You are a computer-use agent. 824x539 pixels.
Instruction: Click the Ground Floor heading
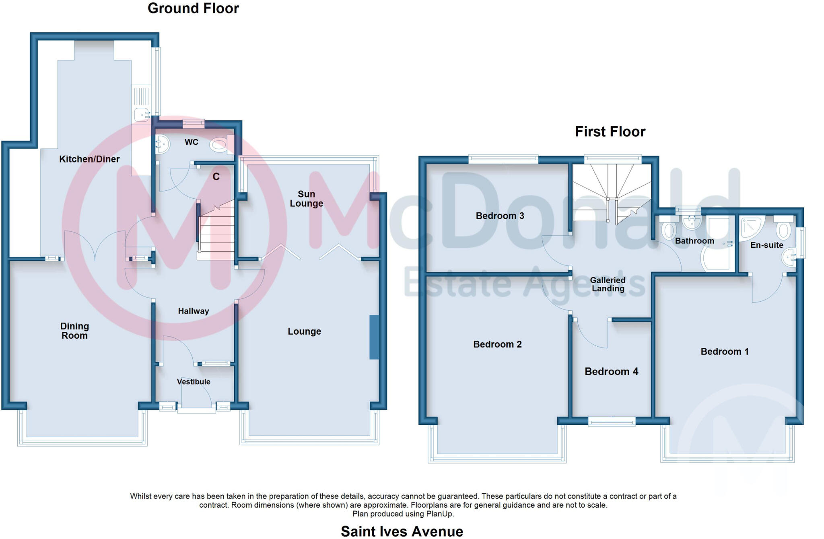[x=193, y=8]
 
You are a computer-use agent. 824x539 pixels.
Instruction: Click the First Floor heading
[x=610, y=132]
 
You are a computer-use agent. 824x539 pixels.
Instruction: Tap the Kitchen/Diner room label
[x=89, y=159]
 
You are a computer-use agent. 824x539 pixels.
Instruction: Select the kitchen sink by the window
[x=141, y=114]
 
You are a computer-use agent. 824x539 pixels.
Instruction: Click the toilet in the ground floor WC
[x=220, y=145]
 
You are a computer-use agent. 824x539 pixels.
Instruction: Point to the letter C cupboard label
[x=216, y=177]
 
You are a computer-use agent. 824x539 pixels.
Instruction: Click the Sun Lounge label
[x=306, y=199]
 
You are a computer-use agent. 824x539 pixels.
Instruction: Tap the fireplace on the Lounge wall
[x=374, y=337]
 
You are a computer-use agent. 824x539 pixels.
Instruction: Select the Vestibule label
[x=194, y=382]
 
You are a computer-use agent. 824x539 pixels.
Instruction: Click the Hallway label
[x=194, y=311]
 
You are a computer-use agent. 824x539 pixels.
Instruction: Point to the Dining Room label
[x=74, y=331]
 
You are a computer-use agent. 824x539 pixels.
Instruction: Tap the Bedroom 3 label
[x=500, y=216]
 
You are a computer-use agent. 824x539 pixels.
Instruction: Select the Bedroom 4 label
[x=611, y=371]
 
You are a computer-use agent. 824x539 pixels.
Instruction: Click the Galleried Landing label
[x=608, y=284]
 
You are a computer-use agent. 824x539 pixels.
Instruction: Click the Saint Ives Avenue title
[x=402, y=531]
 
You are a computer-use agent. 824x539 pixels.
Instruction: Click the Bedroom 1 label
[x=724, y=352]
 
